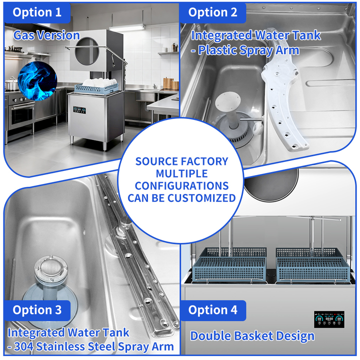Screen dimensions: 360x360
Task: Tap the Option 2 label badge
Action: (212, 12)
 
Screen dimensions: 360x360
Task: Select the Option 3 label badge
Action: (37, 310)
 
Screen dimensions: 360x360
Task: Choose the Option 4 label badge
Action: (212, 310)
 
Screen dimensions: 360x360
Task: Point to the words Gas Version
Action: (46, 35)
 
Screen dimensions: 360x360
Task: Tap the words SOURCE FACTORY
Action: (181, 161)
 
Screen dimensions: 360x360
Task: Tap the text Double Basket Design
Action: (252, 335)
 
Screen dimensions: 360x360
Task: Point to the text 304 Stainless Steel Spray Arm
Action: (95, 346)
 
